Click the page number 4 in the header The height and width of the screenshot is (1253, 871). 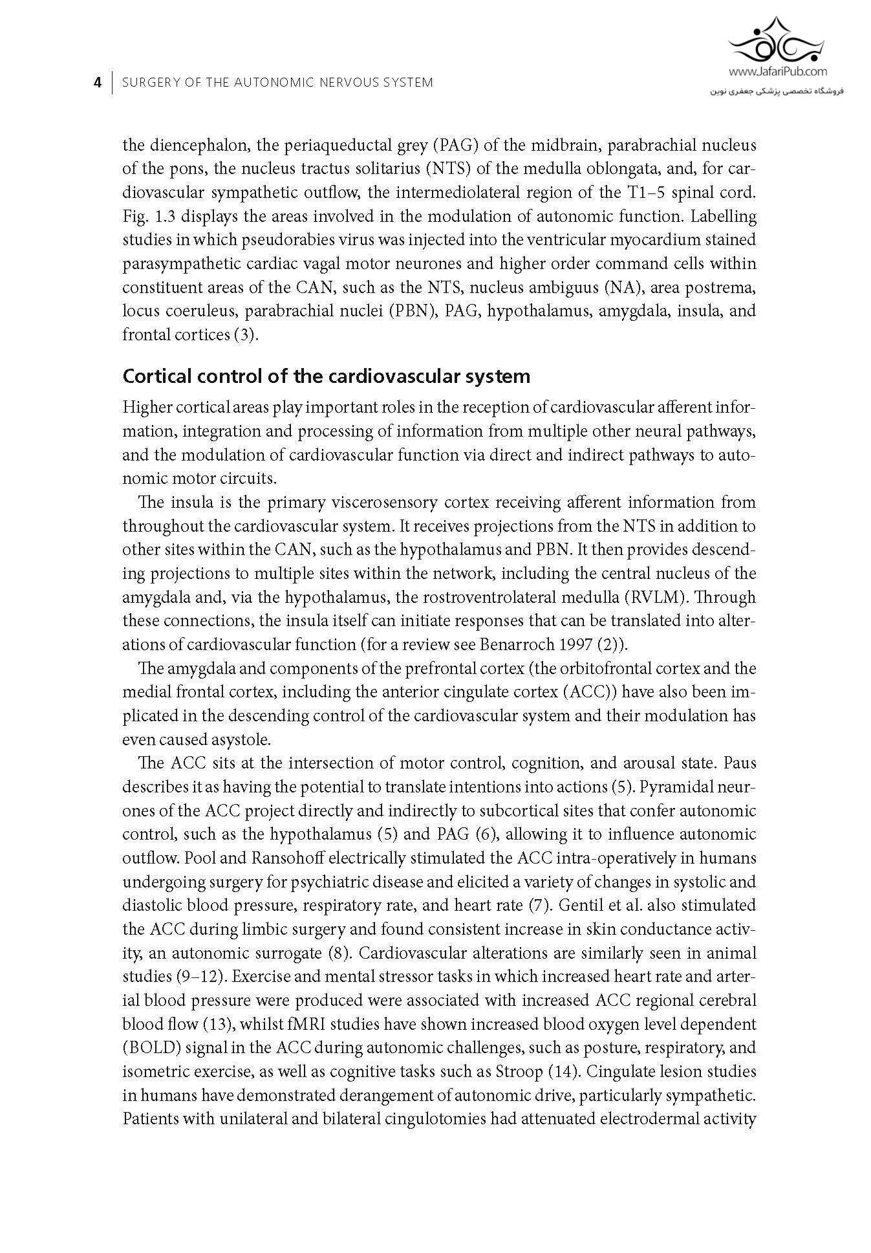point(98,83)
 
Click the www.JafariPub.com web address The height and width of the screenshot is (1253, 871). point(777,72)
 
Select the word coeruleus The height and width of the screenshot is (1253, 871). point(191,311)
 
